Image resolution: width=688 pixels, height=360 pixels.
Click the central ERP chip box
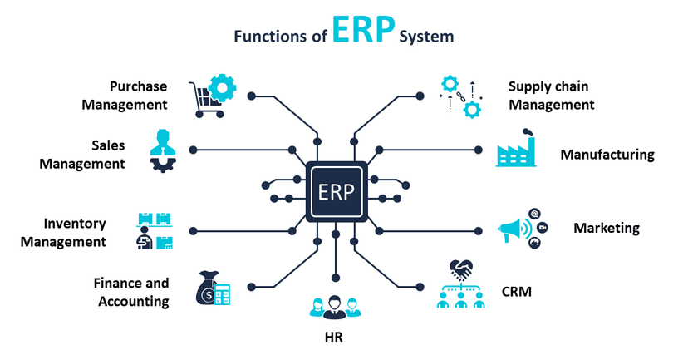pos(336,192)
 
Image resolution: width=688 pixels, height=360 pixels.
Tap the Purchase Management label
pos(138,96)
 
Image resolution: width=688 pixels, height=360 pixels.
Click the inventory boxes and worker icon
pos(155,232)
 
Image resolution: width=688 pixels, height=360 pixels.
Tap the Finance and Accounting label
pos(132,292)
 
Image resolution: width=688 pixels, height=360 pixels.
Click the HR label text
pos(333,338)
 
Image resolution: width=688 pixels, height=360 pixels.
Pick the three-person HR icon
pos(334,307)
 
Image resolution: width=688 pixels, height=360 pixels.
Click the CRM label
pos(516,292)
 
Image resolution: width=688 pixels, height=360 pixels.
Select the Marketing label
pos(607,228)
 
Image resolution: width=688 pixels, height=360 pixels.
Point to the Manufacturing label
pos(607,155)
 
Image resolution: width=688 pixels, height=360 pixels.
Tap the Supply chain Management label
pos(551,96)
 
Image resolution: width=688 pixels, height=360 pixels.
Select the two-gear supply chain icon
pos(461,96)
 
